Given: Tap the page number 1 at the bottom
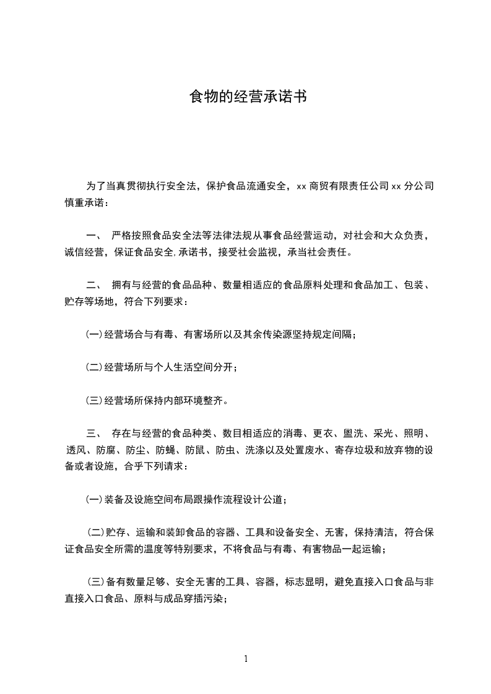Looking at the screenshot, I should point(246,659).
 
